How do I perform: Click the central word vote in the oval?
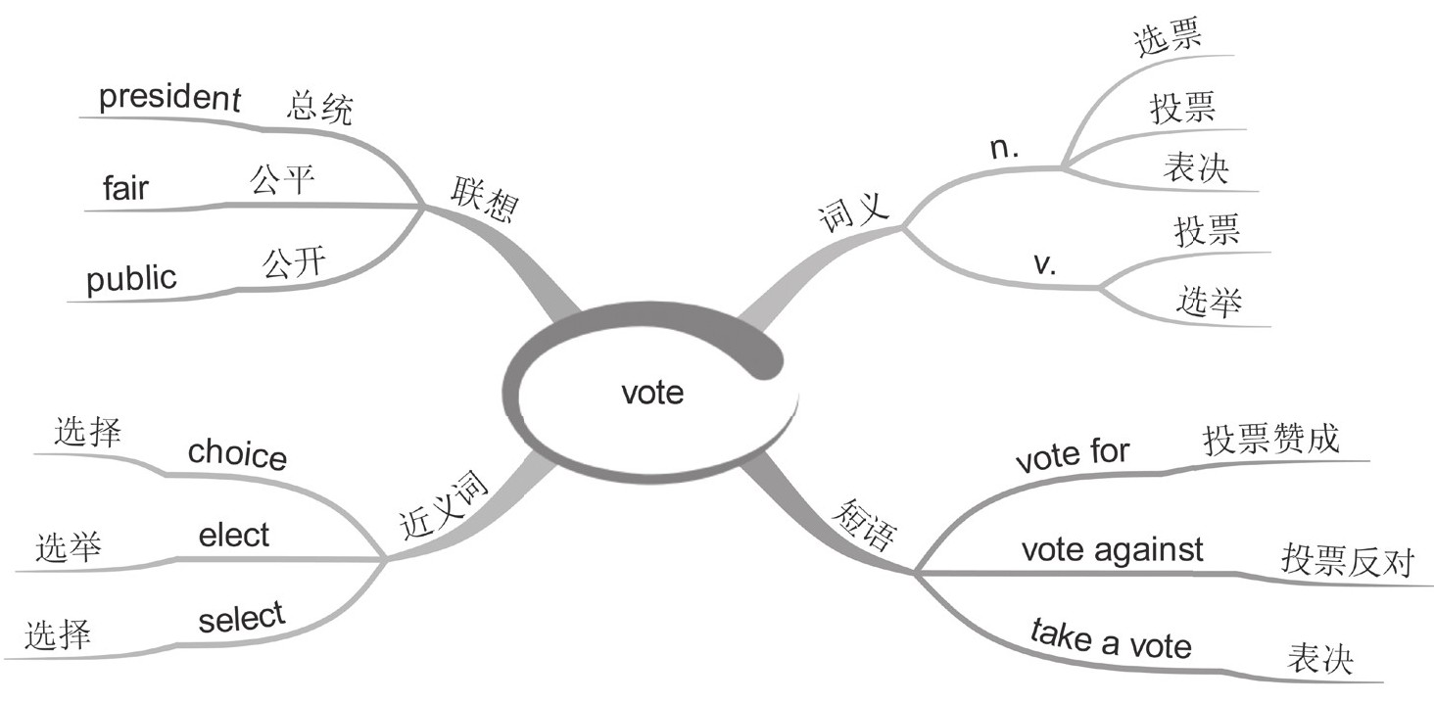point(652,393)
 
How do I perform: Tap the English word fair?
point(125,187)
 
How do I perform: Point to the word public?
point(132,278)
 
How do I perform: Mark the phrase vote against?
point(1112,549)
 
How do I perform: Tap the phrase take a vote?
point(1111,641)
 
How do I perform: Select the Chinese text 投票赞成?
point(1270,441)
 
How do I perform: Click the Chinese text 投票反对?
point(1347,561)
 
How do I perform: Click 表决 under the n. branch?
point(1196,169)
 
